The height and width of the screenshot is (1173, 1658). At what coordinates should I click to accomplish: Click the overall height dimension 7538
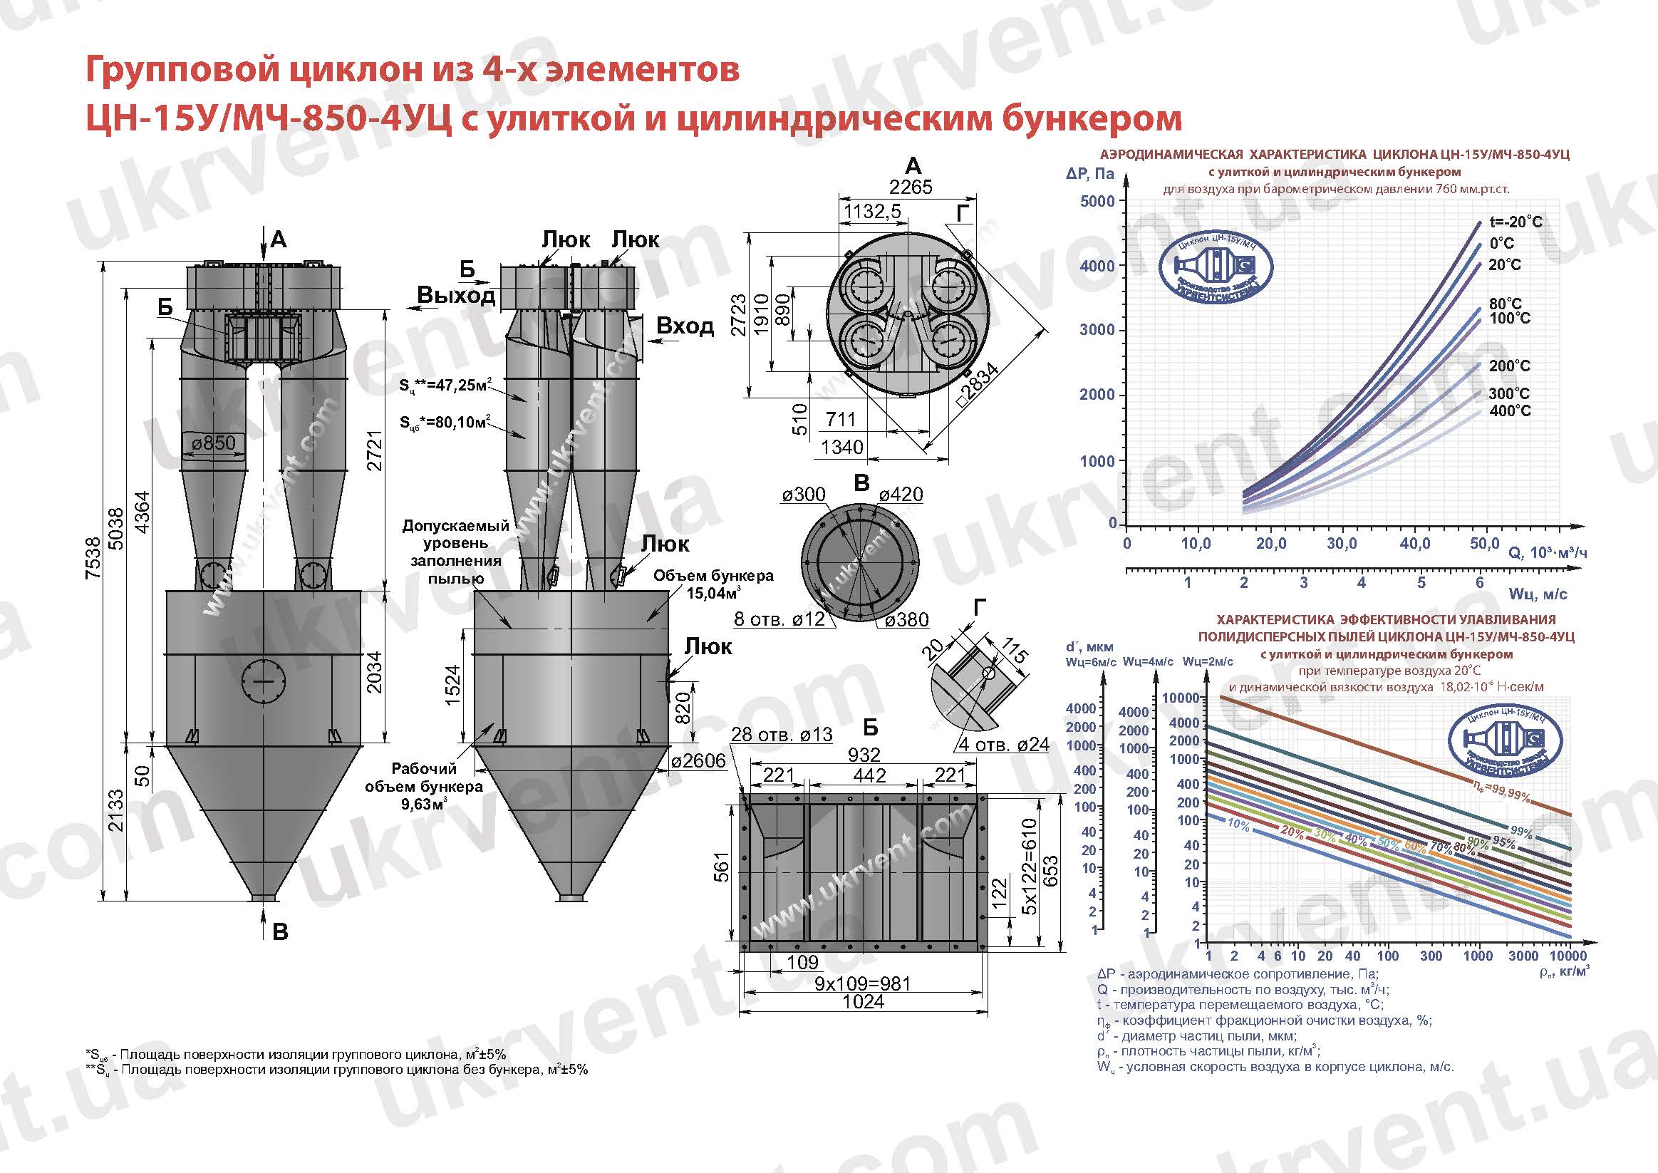(x=93, y=557)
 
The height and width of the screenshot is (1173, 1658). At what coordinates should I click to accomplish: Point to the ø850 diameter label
(x=214, y=443)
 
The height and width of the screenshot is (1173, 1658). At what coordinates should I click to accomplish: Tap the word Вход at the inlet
(x=685, y=326)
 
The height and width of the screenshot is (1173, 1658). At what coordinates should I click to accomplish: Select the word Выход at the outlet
(x=456, y=295)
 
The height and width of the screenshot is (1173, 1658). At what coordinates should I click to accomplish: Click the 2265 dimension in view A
(x=911, y=187)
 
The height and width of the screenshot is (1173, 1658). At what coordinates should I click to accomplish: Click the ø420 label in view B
(x=901, y=494)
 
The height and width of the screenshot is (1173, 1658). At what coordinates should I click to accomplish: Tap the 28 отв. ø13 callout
(x=782, y=735)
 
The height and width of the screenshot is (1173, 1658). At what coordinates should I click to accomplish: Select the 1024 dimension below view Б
(x=863, y=1002)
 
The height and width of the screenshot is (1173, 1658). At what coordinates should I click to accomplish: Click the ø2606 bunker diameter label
(x=698, y=761)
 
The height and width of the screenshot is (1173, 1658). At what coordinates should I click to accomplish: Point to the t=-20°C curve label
(x=1515, y=222)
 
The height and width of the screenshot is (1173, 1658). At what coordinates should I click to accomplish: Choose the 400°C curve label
(x=1509, y=411)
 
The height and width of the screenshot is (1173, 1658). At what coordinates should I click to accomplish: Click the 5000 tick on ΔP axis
(x=1097, y=201)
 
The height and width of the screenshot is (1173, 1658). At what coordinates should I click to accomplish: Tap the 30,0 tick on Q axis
(x=1341, y=543)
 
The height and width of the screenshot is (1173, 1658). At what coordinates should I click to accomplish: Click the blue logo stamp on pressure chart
(x=1216, y=269)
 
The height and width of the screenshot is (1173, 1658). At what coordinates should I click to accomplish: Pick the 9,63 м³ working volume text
(x=424, y=803)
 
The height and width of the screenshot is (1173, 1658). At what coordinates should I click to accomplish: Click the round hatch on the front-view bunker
(x=264, y=681)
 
